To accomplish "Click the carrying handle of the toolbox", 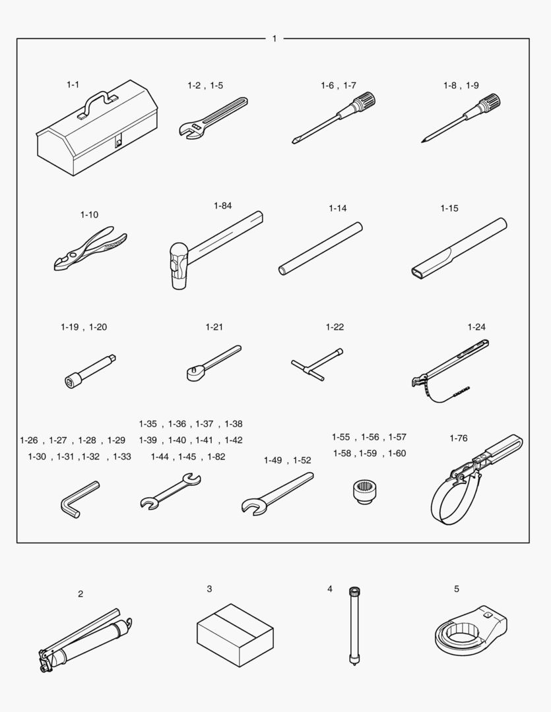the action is click(97, 96).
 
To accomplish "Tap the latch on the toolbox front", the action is click(119, 142).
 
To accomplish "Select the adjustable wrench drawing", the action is click(212, 118).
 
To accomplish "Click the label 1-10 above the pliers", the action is click(89, 215).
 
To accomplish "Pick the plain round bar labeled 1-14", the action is click(321, 249).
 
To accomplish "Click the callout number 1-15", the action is click(449, 208).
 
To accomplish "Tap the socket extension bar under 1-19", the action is click(90, 371).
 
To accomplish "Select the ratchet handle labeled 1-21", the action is click(214, 363).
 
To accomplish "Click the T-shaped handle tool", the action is click(317, 364).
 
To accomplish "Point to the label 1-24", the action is click(476, 327).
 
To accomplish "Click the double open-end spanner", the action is click(170, 491).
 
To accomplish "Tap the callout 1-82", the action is click(216, 457).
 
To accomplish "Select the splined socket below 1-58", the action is click(365, 492).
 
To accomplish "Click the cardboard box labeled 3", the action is click(235, 635).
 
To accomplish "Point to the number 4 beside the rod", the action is click(329, 589).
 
